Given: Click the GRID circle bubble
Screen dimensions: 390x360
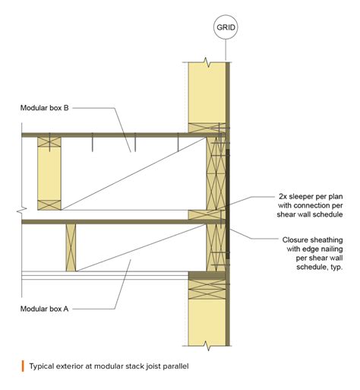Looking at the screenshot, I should coord(226,28).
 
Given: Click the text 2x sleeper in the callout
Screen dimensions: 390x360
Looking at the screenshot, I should coord(294,195).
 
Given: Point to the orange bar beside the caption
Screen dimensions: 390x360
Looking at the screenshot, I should coord(23,366).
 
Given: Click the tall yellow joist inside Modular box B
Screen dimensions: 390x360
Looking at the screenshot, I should coord(49,173).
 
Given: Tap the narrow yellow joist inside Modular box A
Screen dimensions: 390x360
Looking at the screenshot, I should coord(71,247).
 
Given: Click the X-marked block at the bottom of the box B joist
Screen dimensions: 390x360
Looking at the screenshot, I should coord(49,203).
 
